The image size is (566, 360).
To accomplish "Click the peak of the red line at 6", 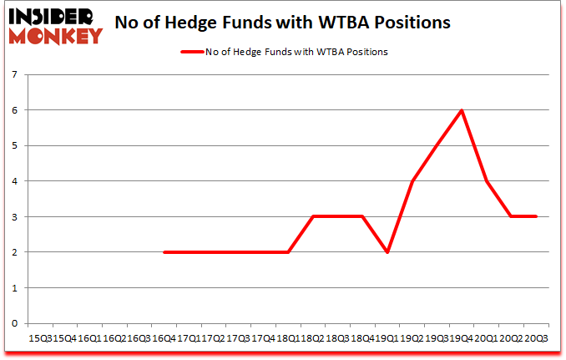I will click(x=462, y=110).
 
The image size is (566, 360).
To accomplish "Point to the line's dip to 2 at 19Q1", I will click(x=387, y=252).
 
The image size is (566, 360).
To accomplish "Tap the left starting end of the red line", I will click(x=164, y=252).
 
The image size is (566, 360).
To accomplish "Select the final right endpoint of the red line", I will click(x=536, y=216).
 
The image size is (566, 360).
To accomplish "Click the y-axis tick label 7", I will click(x=15, y=74).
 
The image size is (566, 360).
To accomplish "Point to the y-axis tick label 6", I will click(x=15, y=110).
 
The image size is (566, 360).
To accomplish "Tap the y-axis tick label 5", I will click(x=15, y=145).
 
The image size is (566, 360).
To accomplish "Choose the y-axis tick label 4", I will click(x=15, y=181).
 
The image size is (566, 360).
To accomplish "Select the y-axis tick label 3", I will click(x=15, y=216).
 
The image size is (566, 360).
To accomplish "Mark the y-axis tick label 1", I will click(x=15, y=288).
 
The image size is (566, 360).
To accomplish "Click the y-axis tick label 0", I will click(x=15, y=323).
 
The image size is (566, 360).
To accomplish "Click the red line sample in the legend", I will click(x=193, y=52).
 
